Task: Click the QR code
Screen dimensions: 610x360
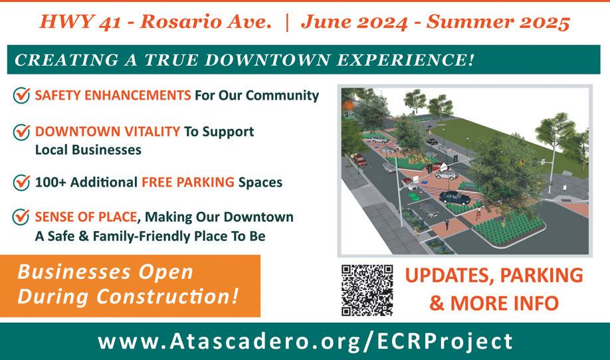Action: [367, 290]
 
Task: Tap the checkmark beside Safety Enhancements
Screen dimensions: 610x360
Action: [21, 95]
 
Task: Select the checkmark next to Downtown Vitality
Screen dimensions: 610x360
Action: [21, 132]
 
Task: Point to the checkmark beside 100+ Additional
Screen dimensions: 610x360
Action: [21, 183]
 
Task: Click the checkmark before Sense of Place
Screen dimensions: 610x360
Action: [21, 217]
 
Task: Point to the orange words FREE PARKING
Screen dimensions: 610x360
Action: [188, 182]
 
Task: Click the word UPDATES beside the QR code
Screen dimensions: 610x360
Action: [450, 276]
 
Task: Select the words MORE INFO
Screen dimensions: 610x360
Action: [504, 304]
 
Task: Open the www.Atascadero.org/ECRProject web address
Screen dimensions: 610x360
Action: [306, 341]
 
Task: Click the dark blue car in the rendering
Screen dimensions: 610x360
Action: [455, 197]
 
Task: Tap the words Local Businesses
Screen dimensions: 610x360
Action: [88, 150]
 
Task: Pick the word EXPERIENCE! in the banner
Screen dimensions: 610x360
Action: [405, 60]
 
